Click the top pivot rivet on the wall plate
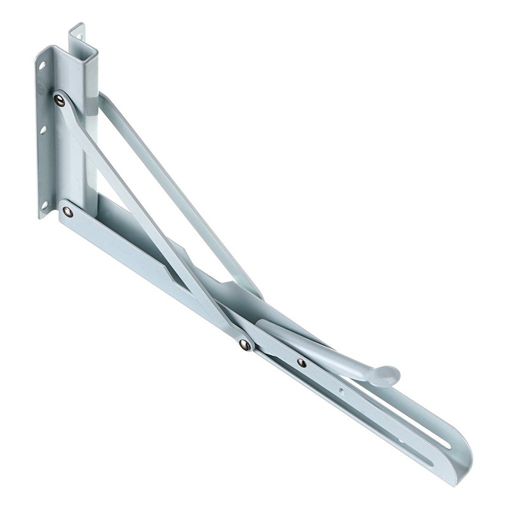click(x=60, y=99)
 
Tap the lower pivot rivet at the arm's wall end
click(x=68, y=211)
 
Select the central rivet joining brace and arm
click(x=244, y=345)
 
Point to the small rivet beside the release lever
click(x=301, y=362)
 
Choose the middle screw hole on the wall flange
click(x=42, y=130)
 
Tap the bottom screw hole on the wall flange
click(x=45, y=205)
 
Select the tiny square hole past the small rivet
click(x=342, y=387)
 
